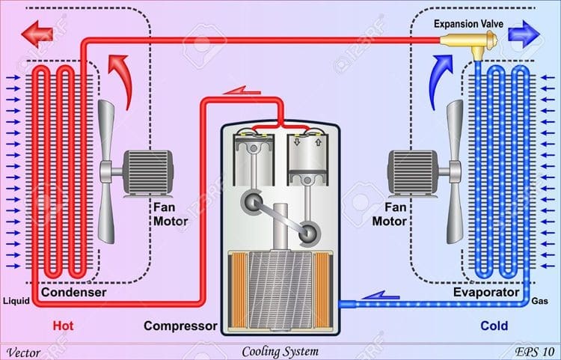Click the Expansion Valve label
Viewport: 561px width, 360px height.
click(470, 24)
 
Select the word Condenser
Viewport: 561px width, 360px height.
click(73, 292)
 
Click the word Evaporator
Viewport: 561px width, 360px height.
click(486, 292)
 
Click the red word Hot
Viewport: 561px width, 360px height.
click(64, 326)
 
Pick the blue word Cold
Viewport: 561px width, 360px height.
click(494, 326)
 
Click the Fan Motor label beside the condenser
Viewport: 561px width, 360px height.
click(171, 215)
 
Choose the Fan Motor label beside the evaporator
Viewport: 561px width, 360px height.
click(388, 215)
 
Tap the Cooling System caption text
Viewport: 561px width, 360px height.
click(280, 351)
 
